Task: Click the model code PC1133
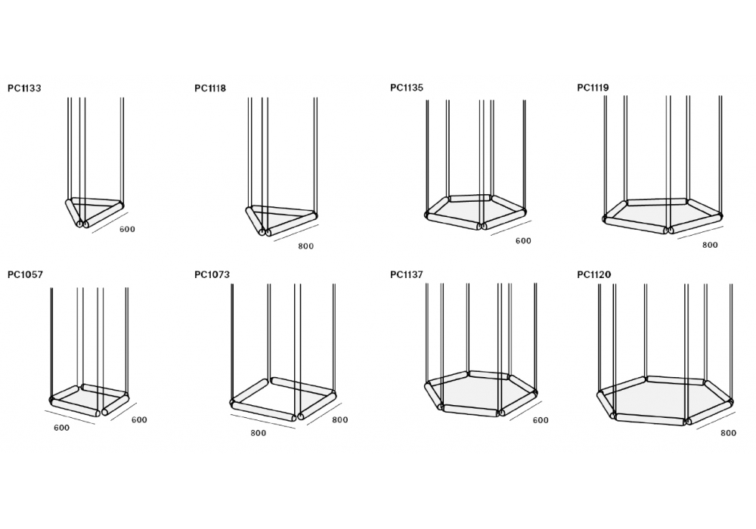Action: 25,88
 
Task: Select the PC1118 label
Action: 210,88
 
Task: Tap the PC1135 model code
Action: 407,88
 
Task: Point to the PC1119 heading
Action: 593,88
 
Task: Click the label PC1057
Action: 25,274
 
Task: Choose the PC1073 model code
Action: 212,274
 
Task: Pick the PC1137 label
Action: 407,274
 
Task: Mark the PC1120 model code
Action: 594,274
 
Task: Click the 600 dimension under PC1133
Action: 127,229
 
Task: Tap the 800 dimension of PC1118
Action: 305,246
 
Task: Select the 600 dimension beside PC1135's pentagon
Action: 523,241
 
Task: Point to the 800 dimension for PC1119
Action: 710,245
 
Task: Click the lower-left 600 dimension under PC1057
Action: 62,428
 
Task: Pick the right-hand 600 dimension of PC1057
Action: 139,419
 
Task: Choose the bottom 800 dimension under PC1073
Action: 259,433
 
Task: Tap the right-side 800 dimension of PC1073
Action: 340,419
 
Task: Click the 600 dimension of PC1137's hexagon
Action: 541,420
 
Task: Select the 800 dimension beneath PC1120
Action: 729,433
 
